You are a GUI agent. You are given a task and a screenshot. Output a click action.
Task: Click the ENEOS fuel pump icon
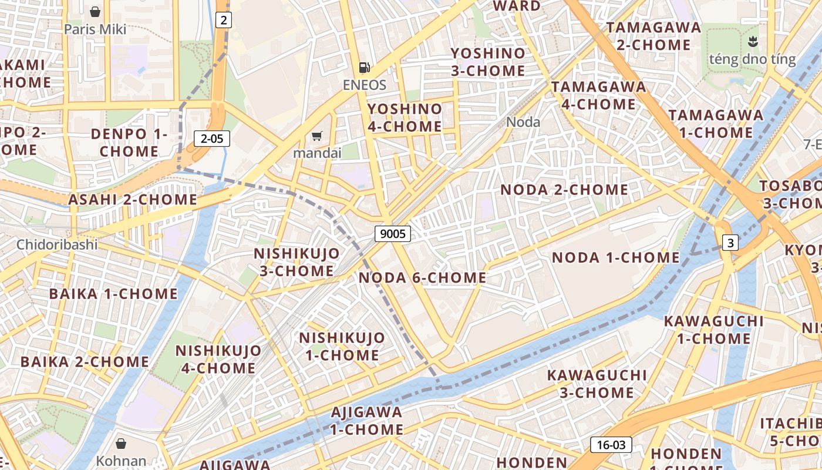pos(365,68)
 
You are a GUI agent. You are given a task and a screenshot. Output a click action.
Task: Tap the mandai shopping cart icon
pos(316,136)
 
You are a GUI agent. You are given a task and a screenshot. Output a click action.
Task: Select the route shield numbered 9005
pos(393,234)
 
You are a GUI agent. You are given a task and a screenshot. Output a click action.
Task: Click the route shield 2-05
pos(212,139)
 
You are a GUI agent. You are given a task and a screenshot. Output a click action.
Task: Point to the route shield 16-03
pos(611,445)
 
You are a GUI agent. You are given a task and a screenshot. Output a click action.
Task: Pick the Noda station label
pos(523,122)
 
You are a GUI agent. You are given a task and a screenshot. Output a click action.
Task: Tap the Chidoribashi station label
pos(57,244)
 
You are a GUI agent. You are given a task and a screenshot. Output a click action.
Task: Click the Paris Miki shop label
pos(95,29)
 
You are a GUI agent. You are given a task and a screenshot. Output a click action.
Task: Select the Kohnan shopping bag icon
pos(121,444)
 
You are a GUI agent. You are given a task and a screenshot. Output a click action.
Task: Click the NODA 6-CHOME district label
pos(422,277)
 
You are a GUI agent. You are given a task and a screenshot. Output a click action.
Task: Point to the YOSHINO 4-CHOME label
pos(405,117)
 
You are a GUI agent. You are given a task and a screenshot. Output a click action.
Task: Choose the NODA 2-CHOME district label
pos(564,190)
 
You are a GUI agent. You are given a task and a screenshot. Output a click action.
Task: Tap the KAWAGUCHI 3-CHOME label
pos(597,384)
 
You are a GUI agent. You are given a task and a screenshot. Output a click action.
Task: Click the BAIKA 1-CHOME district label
pos(113,294)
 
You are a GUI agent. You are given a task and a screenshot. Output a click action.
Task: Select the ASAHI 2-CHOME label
pos(133,199)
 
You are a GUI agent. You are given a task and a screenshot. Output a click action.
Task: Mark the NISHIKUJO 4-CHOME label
pos(218,360)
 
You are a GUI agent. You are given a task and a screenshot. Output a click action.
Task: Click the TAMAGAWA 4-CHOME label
pos(598,95)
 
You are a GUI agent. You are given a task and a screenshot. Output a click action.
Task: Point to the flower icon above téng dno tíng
pos(752,42)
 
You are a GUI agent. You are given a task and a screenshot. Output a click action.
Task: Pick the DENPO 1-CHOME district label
pos(129,143)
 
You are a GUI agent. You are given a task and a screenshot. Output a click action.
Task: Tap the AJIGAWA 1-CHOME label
pos(366,421)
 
